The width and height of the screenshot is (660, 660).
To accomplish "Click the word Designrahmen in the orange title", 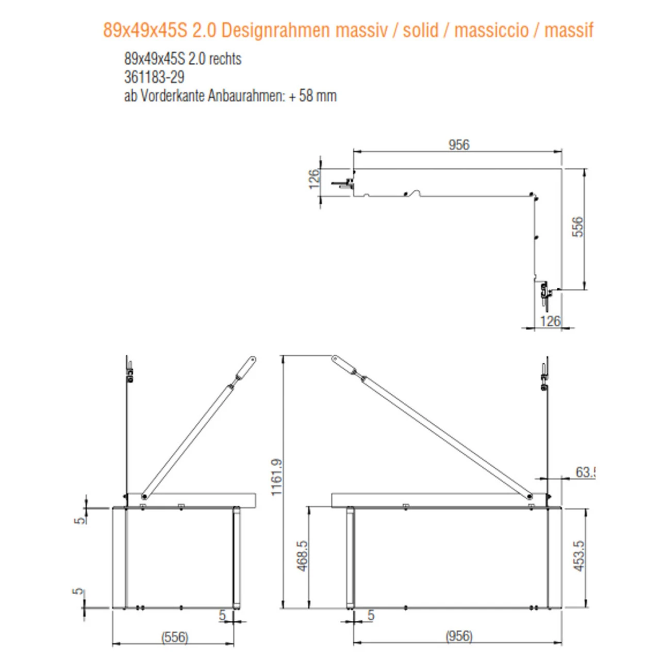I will click(x=276, y=30).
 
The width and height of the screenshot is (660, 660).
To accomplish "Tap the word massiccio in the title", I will click(x=491, y=30).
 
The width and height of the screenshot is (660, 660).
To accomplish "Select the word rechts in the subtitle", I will click(x=225, y=59).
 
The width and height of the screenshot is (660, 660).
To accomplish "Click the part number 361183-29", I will click(x=154, y=77).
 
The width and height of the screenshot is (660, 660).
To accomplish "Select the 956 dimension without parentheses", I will click(x=458, y=144).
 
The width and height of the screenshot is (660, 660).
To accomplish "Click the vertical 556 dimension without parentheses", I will click(x=577, y=227).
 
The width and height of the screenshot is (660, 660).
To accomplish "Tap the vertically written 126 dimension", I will click(x=313, y=179).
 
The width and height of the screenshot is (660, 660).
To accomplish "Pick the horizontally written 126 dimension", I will click(x=550, y=321).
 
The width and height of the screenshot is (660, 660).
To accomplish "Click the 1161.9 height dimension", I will click(x=276, y=477).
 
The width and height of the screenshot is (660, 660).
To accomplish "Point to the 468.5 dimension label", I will click(x=302, y=555).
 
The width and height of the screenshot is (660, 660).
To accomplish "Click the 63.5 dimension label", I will click(x=585, y=472).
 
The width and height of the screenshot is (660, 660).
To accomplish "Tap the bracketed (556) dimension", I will click(x=175, y=637).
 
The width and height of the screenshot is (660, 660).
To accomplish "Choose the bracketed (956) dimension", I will click(x=458, y=636).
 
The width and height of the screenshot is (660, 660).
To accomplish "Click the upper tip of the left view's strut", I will click(x=252, y=359).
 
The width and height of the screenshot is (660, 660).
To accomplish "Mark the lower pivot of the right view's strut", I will click(x=530, y=497).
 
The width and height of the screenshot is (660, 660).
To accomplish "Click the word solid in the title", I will click(x=420, y=30).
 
